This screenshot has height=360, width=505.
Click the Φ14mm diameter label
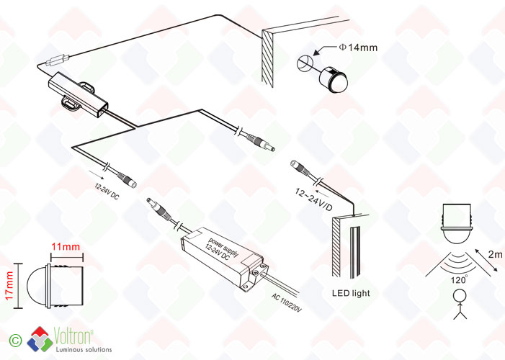358,48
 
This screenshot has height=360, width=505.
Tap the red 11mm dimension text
66,247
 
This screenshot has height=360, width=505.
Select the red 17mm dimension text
9,286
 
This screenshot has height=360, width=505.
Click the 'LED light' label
351,293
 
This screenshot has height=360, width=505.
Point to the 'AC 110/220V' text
286,302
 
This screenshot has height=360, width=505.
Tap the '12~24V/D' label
313,199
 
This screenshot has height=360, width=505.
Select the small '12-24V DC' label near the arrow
107,192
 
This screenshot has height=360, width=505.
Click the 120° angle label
459,279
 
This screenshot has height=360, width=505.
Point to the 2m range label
495,254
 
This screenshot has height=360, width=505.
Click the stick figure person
460,305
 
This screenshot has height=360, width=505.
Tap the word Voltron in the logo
73,336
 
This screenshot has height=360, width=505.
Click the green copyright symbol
15,341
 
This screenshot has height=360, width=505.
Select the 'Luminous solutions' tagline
84,349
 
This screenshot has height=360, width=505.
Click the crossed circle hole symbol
304,63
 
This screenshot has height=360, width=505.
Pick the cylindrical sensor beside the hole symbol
334,79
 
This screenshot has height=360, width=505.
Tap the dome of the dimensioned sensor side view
37,286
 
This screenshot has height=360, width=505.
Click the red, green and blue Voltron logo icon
40,339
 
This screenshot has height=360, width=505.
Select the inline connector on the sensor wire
58,60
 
